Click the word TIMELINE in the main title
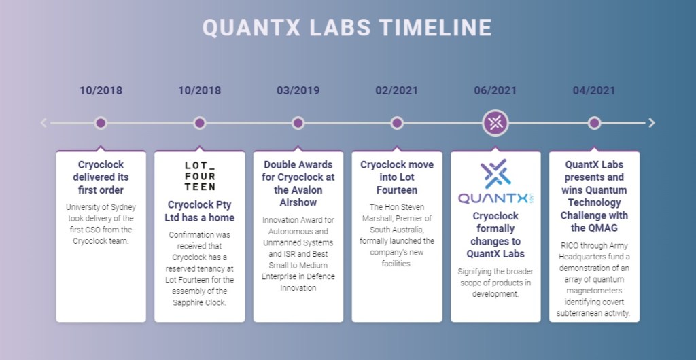click(x=436, y=27)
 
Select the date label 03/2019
click(x=298, y=90)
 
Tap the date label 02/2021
click(x=396, y=90)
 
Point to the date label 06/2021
click(x=495, y=90)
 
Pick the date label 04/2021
click(x=594, y=90)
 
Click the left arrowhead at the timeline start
click(x=43, y=123)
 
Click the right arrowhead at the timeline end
click(x=652, y=123)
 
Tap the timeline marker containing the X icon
click(x=495, y=123)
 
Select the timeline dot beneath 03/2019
click(x=298, y=123)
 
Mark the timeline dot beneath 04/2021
click(x=594, y=123)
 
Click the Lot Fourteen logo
click(x=200, y=176)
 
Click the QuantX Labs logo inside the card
click(x=495, y=181)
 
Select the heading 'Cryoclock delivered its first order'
click(x=101, y=177)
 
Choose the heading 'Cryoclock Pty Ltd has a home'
click(x=199, y=211)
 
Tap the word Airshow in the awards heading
click(x=298, y=202)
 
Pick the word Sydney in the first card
click(x=123, y=207)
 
